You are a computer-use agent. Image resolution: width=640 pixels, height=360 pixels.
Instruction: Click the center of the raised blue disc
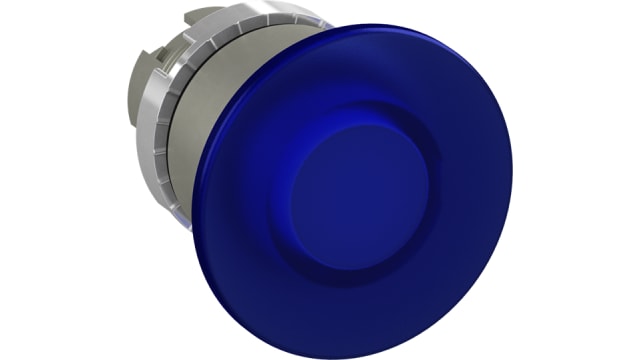pyautogui.click(x=357, y=194)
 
